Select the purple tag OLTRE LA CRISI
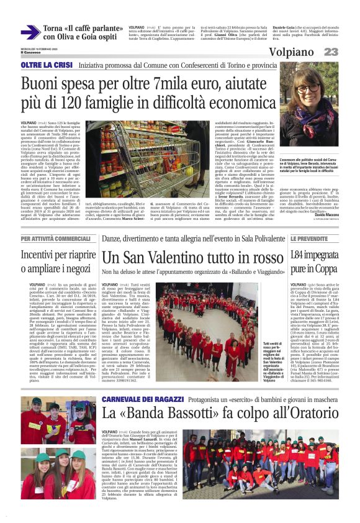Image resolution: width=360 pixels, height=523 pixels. click(46, 64)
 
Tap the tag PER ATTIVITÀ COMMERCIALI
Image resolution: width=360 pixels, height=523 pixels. click(55, 239)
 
